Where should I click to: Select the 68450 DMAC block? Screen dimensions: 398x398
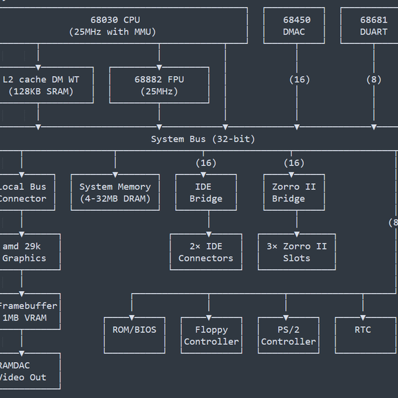click(x=294, y=26)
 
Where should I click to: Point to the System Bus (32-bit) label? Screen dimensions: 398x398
click(x=202, y=139)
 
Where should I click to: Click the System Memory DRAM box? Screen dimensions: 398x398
click(x=115, y=192)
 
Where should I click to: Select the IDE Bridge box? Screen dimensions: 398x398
click(x=206, y=192)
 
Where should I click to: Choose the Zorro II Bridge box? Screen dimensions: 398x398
click(x=294, y=192)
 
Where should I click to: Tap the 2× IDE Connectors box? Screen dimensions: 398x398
click(x=206, y=252)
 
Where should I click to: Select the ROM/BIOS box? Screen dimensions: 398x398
click(x=134, y=335)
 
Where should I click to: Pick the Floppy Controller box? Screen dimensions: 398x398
click(x=211, y=335)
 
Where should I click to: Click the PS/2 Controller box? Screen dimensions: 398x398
click(x=288, y=335)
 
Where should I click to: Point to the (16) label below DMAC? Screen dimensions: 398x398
click(x=299, y=80)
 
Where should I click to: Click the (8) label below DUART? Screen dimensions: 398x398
click(x=374, y=80)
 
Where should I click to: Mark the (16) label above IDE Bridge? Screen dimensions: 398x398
click(x=206, y=163)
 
